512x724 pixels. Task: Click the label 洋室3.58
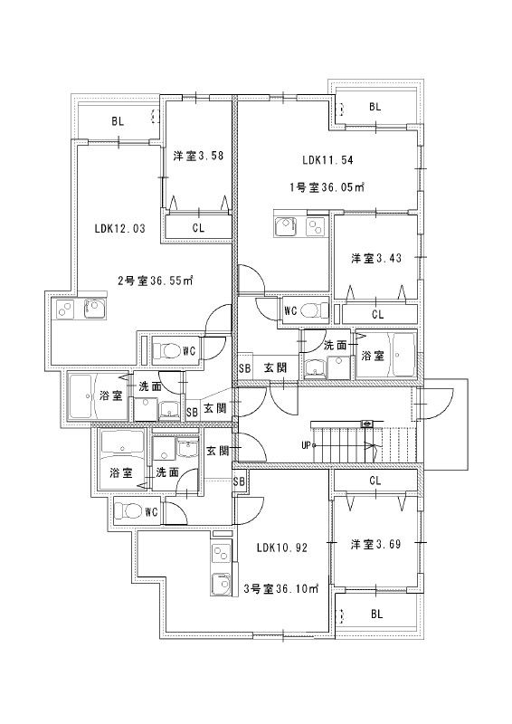coord(198,155)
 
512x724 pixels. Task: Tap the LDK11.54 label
coord(327,160)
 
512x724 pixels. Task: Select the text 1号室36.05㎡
coord(327,187)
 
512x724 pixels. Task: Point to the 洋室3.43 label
coord(375,258)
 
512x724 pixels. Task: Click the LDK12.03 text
coord(119,229)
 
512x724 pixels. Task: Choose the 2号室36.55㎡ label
coord(154,281)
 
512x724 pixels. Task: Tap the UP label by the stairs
coord(308,445)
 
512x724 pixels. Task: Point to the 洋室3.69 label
coord(375,544)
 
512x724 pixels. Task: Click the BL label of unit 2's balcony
coord(117,119)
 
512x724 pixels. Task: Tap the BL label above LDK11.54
coord(375,107)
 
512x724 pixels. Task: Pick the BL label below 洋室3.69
coord(375,613)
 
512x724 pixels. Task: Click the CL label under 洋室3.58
coord(198,228)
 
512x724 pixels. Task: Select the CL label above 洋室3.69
coord(375,481)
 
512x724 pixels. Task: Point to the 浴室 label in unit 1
coord(373,357)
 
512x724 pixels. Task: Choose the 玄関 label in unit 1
coord(275,367)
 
